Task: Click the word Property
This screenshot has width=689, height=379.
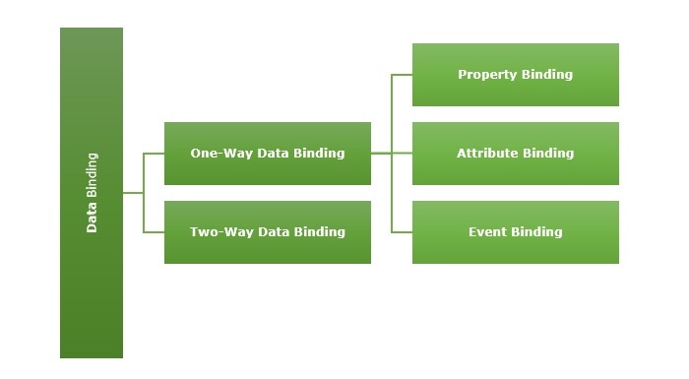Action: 486,74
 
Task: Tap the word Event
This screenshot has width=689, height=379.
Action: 487,231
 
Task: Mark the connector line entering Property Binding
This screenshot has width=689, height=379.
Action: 402,75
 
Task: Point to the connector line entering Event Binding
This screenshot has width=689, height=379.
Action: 402,232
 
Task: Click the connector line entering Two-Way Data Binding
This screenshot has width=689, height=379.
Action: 154,232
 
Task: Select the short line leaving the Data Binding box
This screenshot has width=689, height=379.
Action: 133,193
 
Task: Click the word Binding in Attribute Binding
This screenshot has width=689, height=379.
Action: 546,153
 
